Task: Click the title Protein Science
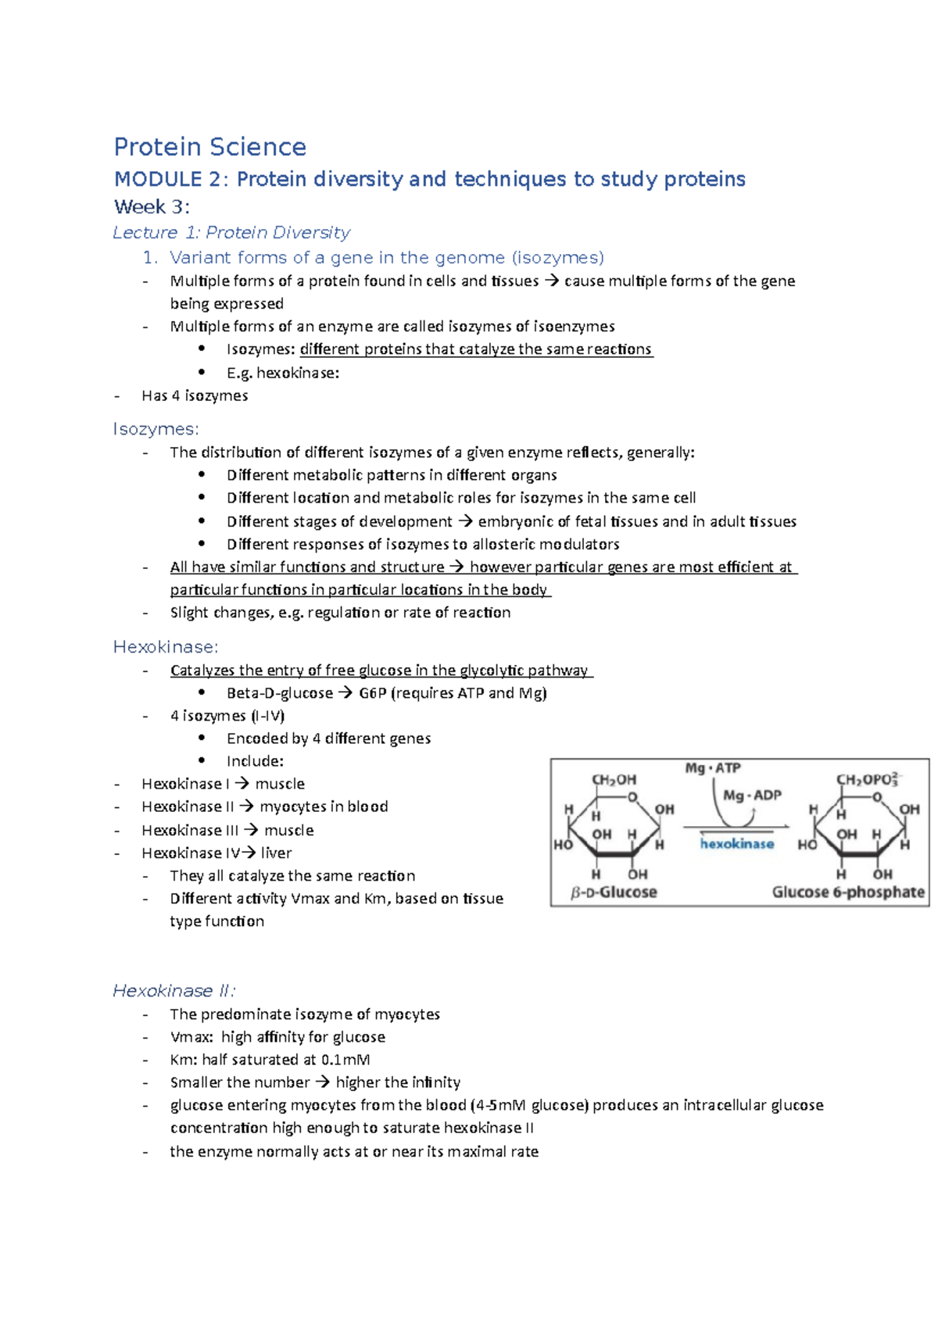(x=209, y=147)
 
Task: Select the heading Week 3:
(x=152, y=207)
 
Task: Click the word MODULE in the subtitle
(x=158, y=179)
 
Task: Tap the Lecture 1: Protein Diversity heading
(x=231, y=233)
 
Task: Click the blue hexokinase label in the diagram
(x=736, y=844)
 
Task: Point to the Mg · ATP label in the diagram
(x=712, y=768)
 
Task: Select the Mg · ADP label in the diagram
(x=751, y=796)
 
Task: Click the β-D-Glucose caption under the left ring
(x=614, y=892)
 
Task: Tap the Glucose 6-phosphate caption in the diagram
(x=847, y=892)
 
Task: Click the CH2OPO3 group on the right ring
(x=867, y=779)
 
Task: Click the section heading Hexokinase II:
(x=174, y=991)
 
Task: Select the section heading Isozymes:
(x=156, y=429)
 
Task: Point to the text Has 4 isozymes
(x=195, y=396)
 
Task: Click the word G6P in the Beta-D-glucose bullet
(x=372, y=693)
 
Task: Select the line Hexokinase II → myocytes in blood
(x=264, y=807)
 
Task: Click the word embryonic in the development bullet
(x=510, y=521)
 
